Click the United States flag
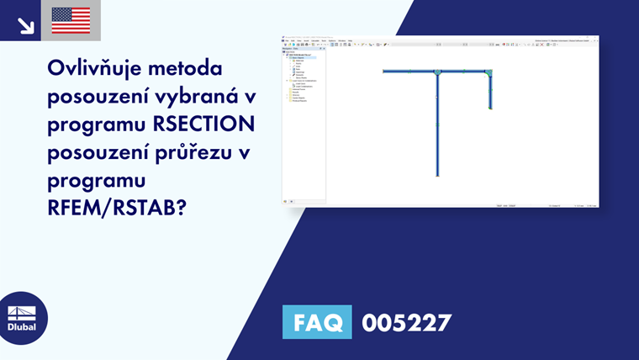click(71, 20)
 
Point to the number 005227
click(406, 322)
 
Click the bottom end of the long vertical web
click(437, 175)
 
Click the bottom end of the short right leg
click(489, 109)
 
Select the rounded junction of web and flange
click(437, 72)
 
